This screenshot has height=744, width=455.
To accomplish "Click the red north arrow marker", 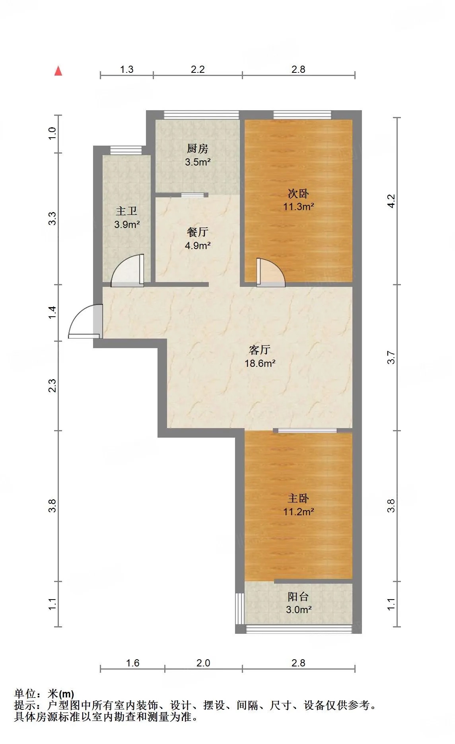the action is pyautogui.click(x=58, y=71).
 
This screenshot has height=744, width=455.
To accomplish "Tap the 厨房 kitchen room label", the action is pyautogui.click(x=198, y=149).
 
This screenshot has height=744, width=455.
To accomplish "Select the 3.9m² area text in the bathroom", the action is pyautogui.click(x=127, y=224).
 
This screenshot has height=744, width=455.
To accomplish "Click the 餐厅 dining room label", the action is pyautogui.click(x=198, y=232).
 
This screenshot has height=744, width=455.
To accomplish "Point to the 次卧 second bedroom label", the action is pyautogui.click(x=298, y=194).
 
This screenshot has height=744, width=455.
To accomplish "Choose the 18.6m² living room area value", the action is pyautogui.click(x=260, y=363).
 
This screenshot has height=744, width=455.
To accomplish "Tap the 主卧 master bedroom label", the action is pyautogui.click(x=298, y=499).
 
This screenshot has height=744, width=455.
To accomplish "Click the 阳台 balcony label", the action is pyautogui.click(x=298, y=596).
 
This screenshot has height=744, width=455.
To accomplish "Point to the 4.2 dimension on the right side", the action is pyautogui.click(x=391, y=201).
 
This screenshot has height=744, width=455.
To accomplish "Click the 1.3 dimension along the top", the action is pyautogui.click(x=127, y=69).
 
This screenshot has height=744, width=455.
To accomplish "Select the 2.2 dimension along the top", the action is pyautogui.click(x=198, y=69).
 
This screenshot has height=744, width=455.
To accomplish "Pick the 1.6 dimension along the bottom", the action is pyautogui.click(x=132, y=663).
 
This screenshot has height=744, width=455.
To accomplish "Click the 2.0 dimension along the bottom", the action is pyautogui.click(x=203, y=663).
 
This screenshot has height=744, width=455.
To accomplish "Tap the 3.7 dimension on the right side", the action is pyautogui.click(x=391, y=357).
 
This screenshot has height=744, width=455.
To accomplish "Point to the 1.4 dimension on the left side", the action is pyautogui.click(x=52, y=312).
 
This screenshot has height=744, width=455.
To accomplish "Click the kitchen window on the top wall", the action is pyautogui.click(x=202, y=115).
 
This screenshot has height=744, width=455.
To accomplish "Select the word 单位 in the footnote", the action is pyautogui.click(x=25, y=694).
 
